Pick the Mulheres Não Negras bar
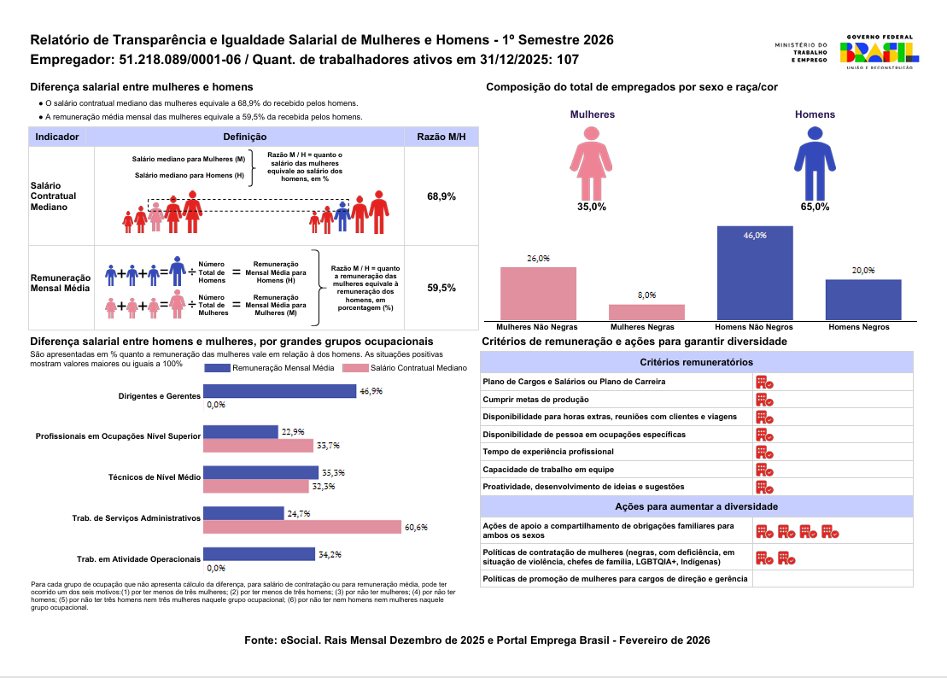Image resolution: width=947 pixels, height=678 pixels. pyautogui.click(x=538, y=293)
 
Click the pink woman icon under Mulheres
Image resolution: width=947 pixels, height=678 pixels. pyautogui.click(x=592, y=162)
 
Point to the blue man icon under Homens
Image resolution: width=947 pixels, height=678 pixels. pyautogui.click(x=815, y=162)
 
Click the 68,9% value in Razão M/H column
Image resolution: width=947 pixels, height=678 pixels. pyautogui.click(x=441, y=196)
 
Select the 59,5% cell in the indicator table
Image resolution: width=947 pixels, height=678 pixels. pyautogui.click(x=441, y=289)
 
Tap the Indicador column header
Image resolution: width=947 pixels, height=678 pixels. pyautogui.click(x=58, y=137)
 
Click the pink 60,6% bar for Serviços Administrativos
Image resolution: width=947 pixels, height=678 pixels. pyautogui.click(x=302, y=527)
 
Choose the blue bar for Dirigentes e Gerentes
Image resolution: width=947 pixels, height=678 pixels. pyautogui.click(x=279, y=391)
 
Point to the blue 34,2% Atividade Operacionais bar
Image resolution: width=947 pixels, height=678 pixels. pyautogui.click(x=260, y=554)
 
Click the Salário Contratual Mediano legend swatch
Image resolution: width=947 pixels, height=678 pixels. pyautogui.click(x=354, y=368)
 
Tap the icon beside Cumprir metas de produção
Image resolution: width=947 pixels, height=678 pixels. pyautogui.click(x=764, y=400)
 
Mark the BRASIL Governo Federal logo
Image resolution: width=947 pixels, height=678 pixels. pyautogui.click(x=880, y=52)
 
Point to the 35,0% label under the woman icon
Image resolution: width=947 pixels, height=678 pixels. pyautogui.click(x=591, y=207)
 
